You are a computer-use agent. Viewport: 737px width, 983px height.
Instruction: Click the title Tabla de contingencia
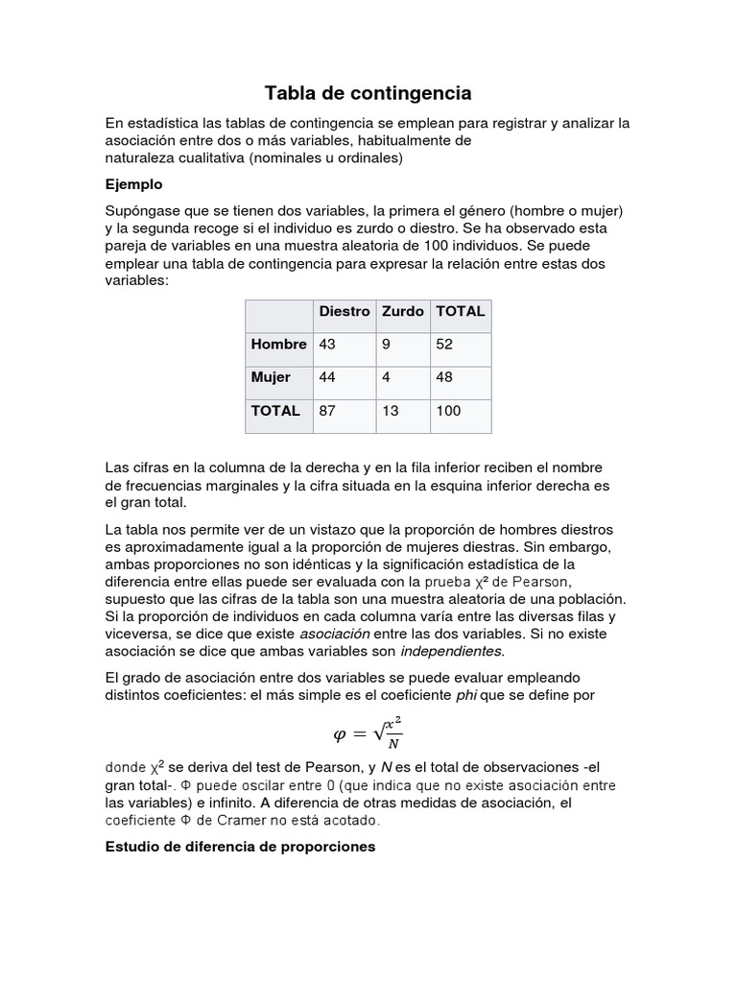click(x=368, y=93)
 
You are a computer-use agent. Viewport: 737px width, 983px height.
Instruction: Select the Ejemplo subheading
click(x=133, y=183)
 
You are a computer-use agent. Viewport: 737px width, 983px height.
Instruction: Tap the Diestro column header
click(x=344, y=311)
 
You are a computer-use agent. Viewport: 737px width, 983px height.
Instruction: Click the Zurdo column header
click(x=402, y=311)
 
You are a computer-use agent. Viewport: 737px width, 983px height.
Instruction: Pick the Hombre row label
click(x=278, y=344)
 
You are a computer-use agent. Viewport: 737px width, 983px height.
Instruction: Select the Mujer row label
click(x=271, y=377)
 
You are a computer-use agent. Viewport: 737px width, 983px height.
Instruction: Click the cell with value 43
click(x=327, y=344)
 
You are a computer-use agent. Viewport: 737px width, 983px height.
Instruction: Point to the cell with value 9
click(x=386, y=344)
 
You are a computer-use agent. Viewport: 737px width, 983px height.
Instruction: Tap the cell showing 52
click(x=445, y=344)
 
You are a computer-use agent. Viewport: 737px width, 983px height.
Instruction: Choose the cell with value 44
click(x=327, y=377)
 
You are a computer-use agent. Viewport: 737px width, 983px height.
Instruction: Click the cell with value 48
click(x=445, y=377)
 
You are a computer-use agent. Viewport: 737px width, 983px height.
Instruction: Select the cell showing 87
click(x=327, y=411)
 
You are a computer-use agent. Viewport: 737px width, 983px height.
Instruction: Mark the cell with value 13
click(x=390, y=411)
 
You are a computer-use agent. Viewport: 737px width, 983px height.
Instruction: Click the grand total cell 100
click(x=448, y=411)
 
